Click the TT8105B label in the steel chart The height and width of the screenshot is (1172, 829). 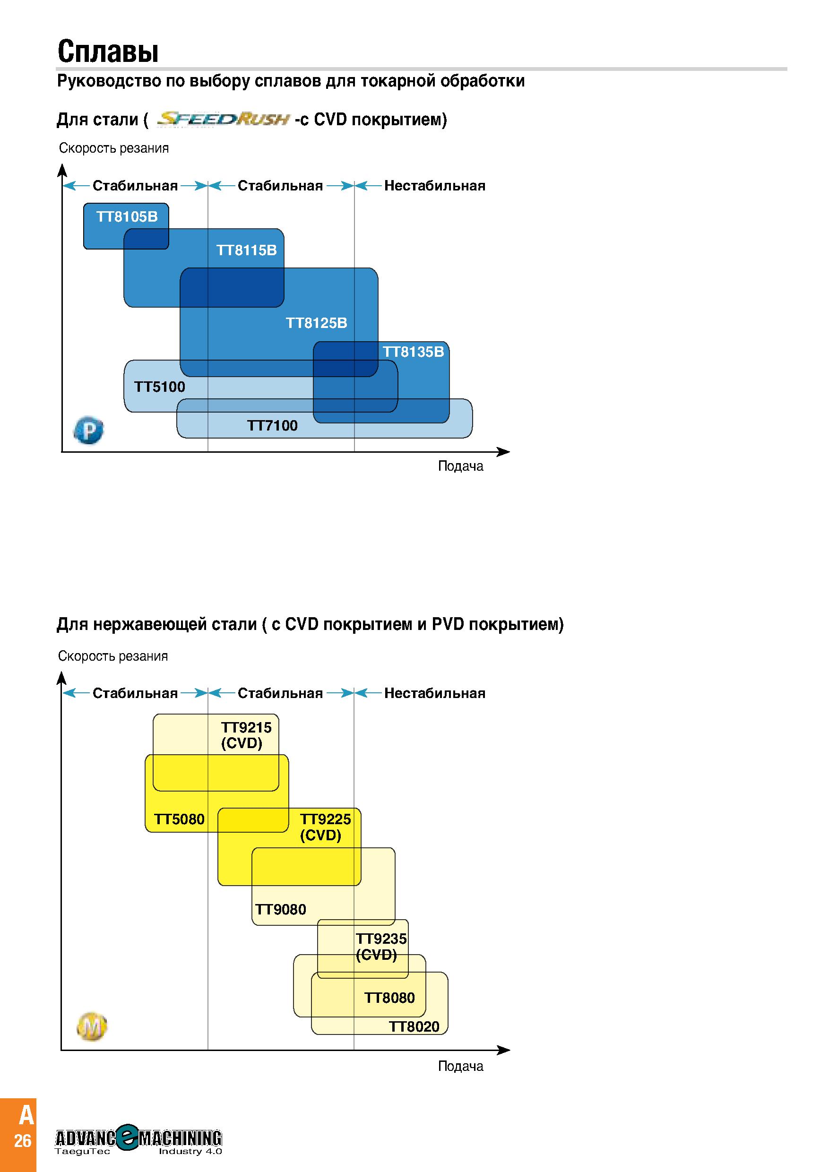tap(127, 217)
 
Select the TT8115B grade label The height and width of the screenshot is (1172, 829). tap(247, 250)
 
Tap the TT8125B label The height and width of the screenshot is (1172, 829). tap(317, 323)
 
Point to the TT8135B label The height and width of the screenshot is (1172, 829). tap(414, 352)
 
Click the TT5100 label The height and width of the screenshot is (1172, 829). tap(160, 387)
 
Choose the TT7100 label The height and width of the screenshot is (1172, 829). tap(273, 425)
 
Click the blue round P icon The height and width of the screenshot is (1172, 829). tap(89, 431)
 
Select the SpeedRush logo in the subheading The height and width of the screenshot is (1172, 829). tap(223, 120)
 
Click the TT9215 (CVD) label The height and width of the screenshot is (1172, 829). tap(246, 735)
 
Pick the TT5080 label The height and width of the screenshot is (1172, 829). tap(179, 819)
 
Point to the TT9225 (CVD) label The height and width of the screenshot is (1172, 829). tap(326, 827)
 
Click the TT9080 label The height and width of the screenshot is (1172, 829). tap(281, 909)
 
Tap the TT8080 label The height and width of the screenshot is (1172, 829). tap(389, 998)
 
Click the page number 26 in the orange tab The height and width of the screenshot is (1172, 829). tap(23, 1140)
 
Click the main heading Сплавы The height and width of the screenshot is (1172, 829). tap(108, 51)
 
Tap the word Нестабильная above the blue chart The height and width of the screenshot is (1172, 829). tap(435, 185)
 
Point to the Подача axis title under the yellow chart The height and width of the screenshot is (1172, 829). tap(460, 1066)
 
